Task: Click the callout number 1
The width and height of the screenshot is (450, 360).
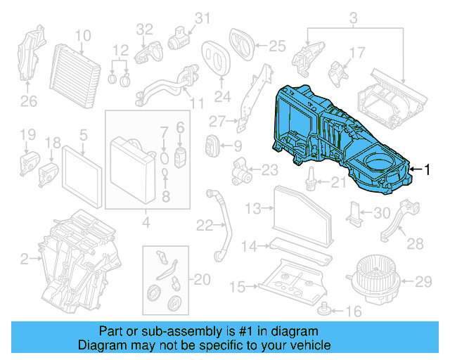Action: pyautogui.click(x=430, y=169)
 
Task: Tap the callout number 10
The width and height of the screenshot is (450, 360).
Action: pyautogui.click(x=83, y=35)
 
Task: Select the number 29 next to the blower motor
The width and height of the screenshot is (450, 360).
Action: pyautogui.click(x=422, y=282)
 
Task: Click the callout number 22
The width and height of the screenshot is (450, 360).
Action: pyautogui.click(x=205, y=225)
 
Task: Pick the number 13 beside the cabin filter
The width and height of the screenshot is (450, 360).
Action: pyautogui.click(x=253, y=208)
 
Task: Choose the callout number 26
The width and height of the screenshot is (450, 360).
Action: pyautogui.click(x=28, y=101)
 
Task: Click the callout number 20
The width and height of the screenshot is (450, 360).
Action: pyautogui.click(x=202, y=280)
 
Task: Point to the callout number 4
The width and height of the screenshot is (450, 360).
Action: pyautogui.click(x=146, y=224)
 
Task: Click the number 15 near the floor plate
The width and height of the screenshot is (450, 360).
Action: pyautogui.click(x=238, y=287)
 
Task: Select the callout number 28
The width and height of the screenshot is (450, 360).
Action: pyautogui.click(x=416, y=243)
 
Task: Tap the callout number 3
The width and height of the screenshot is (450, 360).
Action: pyautogui.click(x=354, y=17)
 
